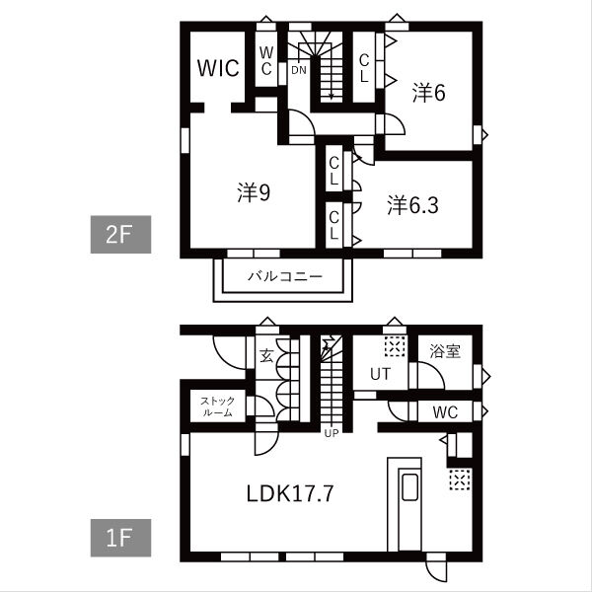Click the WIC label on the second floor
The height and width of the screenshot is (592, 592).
[x=218, y=68]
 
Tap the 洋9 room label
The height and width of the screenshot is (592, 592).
[x=254, y=192]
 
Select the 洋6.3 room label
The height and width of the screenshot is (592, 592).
[x=412, y=205]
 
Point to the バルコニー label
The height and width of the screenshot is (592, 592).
[x=285, y=276]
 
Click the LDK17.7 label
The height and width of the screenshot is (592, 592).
[x=290, y=493]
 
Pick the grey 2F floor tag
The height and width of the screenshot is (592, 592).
[x=120, y=235]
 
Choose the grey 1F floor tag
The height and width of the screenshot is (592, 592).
[x=120, y=538]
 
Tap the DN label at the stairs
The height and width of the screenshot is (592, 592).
[x=299, y=70]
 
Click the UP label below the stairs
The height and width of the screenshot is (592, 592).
[x=332, y=433]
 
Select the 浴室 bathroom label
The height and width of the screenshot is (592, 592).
[x=445, y=351]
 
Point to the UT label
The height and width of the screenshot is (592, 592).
[x=380, y=374]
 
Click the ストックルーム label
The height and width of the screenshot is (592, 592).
[x=217, y=407]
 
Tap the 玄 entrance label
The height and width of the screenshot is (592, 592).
[x=266, y=355]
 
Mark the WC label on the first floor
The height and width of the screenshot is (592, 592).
[x=446, y=412]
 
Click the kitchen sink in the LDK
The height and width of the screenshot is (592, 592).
[x=408, y=487]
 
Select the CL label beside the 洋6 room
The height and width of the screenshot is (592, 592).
[x=364, y=68]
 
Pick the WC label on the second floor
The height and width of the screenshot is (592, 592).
[x=266, y=61]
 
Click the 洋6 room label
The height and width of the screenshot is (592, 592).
[x=428, y=92]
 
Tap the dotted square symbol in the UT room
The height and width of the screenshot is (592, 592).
[x=395, y=346]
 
